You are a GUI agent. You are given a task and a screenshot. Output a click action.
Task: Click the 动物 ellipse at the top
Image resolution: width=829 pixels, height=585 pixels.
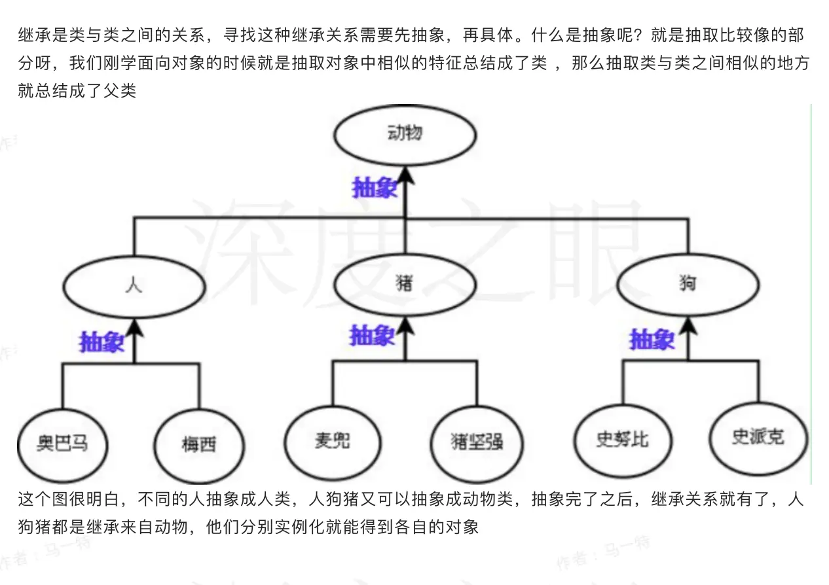coord(405,135)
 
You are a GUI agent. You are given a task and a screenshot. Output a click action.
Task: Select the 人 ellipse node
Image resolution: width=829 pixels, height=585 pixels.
coord(134,286)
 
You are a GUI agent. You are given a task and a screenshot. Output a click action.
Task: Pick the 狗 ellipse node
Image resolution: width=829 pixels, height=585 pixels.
coord(688,285)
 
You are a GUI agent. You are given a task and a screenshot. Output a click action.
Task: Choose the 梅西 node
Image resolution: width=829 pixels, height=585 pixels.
coord(199,446)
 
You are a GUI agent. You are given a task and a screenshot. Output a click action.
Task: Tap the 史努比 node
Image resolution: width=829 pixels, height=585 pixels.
coord(622,439)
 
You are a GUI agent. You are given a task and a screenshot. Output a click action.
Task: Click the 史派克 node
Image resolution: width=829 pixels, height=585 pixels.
coord(758,436)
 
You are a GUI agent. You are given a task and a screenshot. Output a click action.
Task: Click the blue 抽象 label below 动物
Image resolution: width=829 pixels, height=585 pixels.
coord(375,188)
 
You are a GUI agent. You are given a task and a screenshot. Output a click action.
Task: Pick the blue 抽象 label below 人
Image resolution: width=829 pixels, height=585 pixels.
coord(101,342)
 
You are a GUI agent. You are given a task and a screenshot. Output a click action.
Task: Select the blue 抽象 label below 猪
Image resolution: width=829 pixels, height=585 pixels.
coord(372,336)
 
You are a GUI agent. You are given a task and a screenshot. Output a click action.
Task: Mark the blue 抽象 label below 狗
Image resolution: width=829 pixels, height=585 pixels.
coord(652,340)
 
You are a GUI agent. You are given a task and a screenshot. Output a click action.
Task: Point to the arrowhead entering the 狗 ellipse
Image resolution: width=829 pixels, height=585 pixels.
coord(688,325)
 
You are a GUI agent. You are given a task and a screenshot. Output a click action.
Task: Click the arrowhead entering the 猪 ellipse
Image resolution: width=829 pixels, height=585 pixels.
coord(406,325)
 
